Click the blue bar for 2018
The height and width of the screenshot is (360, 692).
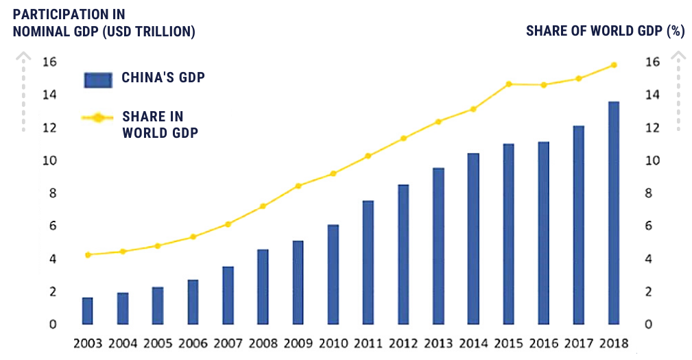click(x=613, y=213)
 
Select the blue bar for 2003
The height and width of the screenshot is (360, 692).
click(x=87, y=311)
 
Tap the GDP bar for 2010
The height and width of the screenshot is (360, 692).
click(x=333, y=274)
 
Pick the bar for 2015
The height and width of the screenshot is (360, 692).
click(x=508, y=234)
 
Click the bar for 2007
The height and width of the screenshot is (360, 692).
click(x=228, y=295)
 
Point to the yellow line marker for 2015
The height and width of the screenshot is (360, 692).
click(x=508, y=84)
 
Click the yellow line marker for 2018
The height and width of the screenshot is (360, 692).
click(x=614, y=65)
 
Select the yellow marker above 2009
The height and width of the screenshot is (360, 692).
click(x=298, y=186)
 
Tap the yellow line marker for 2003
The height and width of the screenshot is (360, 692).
click(x=88, y=255)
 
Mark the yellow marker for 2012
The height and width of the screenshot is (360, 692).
click(x=403, y=139)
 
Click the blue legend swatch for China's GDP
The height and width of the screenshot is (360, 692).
click(x=97, y=80)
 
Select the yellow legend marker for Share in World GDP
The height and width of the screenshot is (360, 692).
click(x=98, y=118)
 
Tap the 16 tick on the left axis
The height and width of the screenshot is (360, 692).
click(x=49, y=62)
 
